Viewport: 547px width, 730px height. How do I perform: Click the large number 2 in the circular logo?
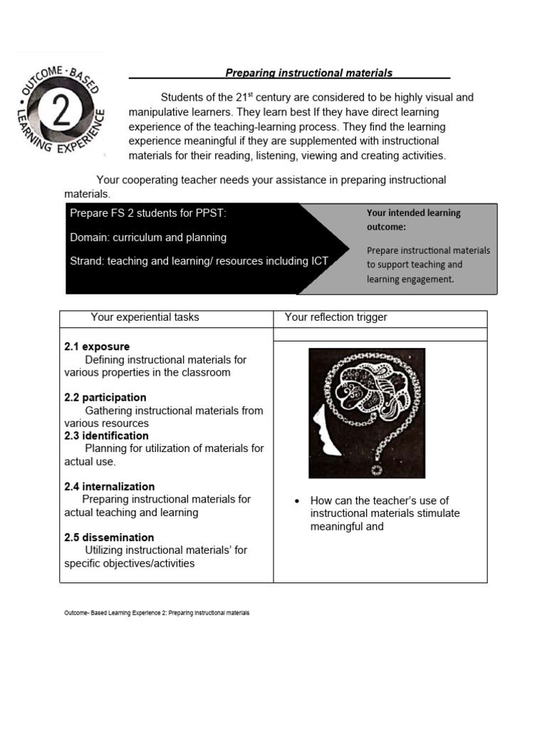click(x=61, y=112)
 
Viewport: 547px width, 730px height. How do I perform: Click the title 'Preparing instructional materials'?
click(x=308, y=73)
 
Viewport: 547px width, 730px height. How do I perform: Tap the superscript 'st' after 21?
click(x=261, y=95)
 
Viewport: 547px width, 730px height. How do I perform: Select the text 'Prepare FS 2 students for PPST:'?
click(x=148, y=213)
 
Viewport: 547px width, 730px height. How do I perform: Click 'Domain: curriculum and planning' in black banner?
click(x=148, y=237)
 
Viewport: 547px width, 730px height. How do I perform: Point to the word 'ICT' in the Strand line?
click(x=319, y=261)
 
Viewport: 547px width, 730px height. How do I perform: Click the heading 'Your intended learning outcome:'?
click(x=413, y=219)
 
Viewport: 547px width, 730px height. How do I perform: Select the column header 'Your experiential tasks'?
click(x=145, y=317)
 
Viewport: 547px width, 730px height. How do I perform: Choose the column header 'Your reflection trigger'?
click(x=335, y=317)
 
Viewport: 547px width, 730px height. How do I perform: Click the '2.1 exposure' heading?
click(x=97, y=347)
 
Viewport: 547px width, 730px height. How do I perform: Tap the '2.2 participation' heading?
click(x=105, y=398)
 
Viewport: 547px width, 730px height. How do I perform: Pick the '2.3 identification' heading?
click(x=106, y=436)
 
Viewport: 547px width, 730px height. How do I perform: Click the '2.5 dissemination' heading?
click(x=109, y=538)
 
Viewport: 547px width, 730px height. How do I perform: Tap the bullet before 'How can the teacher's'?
click(x=298, y=501)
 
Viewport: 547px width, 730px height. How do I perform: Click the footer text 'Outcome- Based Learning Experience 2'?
click(x=114, y=612)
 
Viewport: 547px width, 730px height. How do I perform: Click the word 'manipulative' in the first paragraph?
click(x=158, y=113)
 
